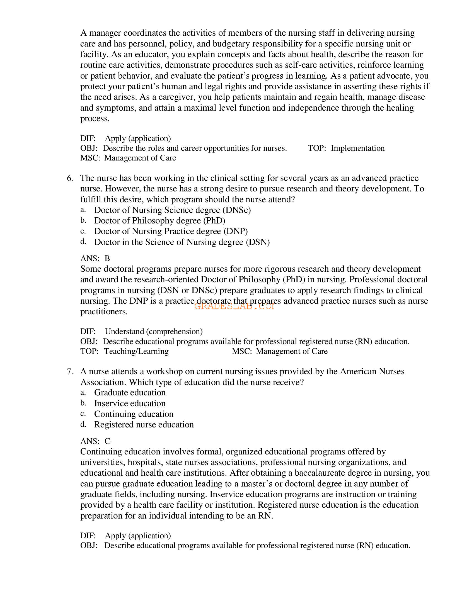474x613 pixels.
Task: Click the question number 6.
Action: pos(70,178)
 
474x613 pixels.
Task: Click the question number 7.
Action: pos(70,372)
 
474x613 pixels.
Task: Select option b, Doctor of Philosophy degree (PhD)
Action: pos(159,221)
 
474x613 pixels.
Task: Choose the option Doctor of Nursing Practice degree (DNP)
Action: pos(171,231)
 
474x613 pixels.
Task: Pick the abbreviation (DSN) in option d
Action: pos(258,242)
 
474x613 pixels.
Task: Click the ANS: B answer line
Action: pos(95,258)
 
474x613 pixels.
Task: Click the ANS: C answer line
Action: pos(95,441)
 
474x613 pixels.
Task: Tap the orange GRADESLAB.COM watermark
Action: pos(234,306)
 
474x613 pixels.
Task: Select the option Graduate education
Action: pos(130,393)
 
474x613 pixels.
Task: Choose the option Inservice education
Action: pos(130,403)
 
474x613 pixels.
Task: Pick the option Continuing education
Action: pos(134,414)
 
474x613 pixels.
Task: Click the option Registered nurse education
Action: pos(144,425)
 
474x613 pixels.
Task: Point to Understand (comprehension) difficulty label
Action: pos(154,332)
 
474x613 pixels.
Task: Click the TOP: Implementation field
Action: pos(346,148)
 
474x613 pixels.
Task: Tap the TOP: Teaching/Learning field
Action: pos(124,351)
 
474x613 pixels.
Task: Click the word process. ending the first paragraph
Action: pos(95,119)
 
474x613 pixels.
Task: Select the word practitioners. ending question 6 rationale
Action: pos(104,312)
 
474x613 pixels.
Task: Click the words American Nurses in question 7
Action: pos(372,372)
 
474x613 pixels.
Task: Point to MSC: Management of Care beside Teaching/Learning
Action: pos(280,351)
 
